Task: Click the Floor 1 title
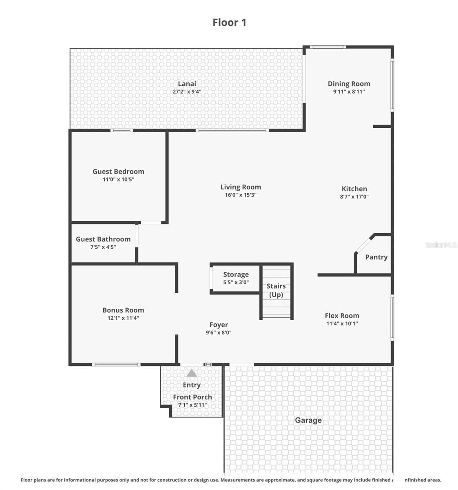pyautogui.click(x=229, y=22)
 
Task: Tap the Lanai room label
pyautogui.click(x=187, y=84)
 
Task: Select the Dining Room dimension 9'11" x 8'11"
pyautogui.click(x=349, y=92)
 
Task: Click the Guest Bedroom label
pyautogui.click(x=118, y=171)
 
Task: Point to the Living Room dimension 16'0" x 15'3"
pyautogui.click(x=241, y=195)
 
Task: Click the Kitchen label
pyautogui.click(x=354, y=189)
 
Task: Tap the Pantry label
pyautogui.click(x=376, y=257)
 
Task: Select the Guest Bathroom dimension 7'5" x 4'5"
pyautogui.click(x=103, y=247)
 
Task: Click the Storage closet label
pyautogui.click(x=236, y=274)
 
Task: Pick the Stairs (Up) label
pyautogui.click(x=276, y=290)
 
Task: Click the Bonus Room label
pyautogui.click(x=123, y=310)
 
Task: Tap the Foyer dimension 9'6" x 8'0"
pyautogui.click(x=219, y=333)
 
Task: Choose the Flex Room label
pyautogui.click(x=342, y=315)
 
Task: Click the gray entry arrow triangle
pyautogui.click(x=192, y=373)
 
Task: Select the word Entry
pyautogui.click(x=192, y=385)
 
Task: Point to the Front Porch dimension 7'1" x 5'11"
pyautogui.click(x=192, y=405)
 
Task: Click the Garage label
pyautogui.click(x=308, y=420)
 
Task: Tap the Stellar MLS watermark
pyautogui.click(x=441, y=245)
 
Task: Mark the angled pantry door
pyautogui.click(x=364, y=244)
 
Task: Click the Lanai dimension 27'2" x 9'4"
pyautogui.click(x=187, y=92)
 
